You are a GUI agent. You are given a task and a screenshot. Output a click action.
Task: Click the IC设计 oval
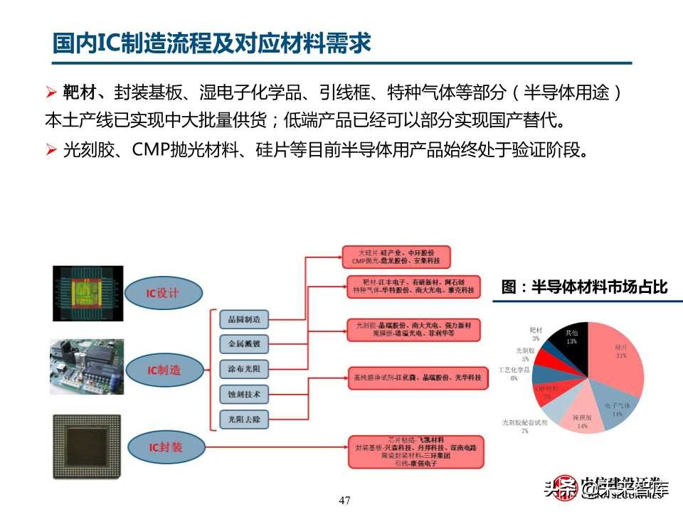pyautogui.click(x=163, y=293)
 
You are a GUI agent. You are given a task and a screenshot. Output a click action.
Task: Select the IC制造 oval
pyautogui.click(x=163, y=369)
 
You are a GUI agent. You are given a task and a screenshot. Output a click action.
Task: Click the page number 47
pyautogui.click(x=345, y=501)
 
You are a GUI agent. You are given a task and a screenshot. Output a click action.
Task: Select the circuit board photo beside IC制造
pyautogui.click(x=87, y=366)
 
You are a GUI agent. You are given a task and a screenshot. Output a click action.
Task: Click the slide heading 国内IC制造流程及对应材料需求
pyautogui.click(x=212, y=43)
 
